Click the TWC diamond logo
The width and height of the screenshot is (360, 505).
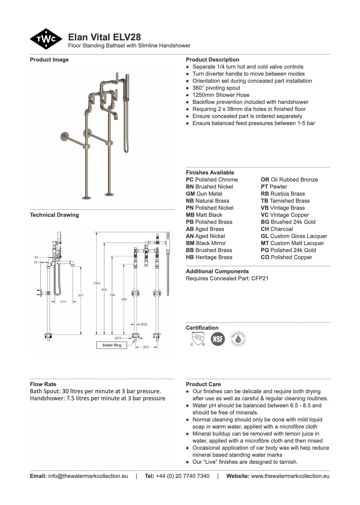tap(46, 39)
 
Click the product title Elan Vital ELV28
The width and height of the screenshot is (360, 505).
tap(104, 37)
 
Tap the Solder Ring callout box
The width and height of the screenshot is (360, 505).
tap(112, 345)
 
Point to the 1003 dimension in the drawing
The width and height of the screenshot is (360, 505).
tap(97, 283)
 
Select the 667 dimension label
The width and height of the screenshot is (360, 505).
tap(81, 295)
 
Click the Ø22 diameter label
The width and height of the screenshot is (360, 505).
tap(144, 324)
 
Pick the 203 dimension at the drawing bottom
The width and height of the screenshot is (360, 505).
tap(146, 347)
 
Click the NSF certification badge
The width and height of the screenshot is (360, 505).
tap(218, 338)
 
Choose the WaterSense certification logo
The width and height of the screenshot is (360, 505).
tap(238, 338)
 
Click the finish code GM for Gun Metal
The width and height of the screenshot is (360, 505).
tap(190, 194)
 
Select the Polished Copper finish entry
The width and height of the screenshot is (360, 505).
tap(287, 257)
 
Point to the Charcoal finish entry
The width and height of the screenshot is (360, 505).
tap(277, 229)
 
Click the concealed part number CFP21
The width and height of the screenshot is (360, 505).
tap(260, 278)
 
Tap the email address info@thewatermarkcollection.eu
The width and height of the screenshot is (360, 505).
tap(88, 476)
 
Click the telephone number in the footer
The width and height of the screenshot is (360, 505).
tap(182, 476)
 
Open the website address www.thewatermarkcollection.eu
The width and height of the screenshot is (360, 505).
tap(290, 476)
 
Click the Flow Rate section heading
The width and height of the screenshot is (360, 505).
tap(43, 384)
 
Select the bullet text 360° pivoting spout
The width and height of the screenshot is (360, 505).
tap(216, 88)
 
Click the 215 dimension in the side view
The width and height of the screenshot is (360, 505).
tap(63, 302)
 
